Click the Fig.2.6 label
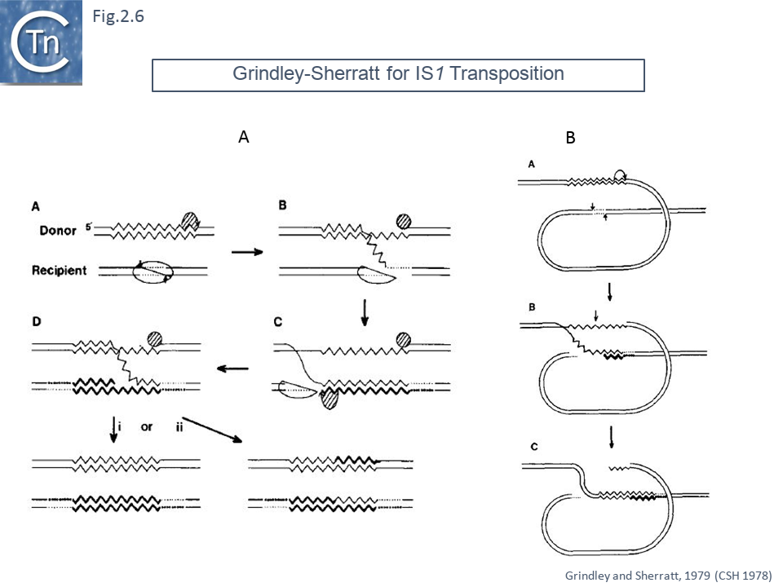(118, 15)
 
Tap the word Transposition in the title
(507, 73)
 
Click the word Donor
(58, 231)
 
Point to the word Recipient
(60, 270)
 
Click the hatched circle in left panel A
(190, 221)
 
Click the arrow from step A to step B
(247, 252)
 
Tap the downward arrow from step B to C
(365, 314)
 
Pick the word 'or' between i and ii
(147, 426)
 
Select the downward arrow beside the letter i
(113, 431)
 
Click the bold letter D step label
(37, 323)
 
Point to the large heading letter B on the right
(571, 138)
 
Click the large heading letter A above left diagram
(243, 138)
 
